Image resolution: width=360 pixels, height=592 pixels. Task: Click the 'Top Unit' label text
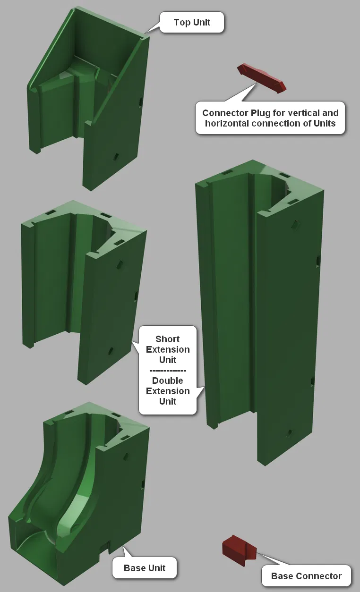point(192,22)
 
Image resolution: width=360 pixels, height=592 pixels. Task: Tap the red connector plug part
point(262,78)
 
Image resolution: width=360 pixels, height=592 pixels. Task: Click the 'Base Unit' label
point(145,567)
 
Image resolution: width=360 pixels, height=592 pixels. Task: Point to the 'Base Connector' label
point(306,576)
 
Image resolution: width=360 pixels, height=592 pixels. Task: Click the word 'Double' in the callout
point(167,381)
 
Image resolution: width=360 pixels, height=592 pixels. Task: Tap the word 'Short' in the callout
point(167,339)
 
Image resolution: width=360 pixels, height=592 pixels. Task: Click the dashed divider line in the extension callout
point(168,371)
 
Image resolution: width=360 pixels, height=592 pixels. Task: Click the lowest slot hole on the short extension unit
point(110,351)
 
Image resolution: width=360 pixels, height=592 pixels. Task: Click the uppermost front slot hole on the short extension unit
point(120,264)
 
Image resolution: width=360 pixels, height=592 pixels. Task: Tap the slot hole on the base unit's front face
point(127,456)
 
